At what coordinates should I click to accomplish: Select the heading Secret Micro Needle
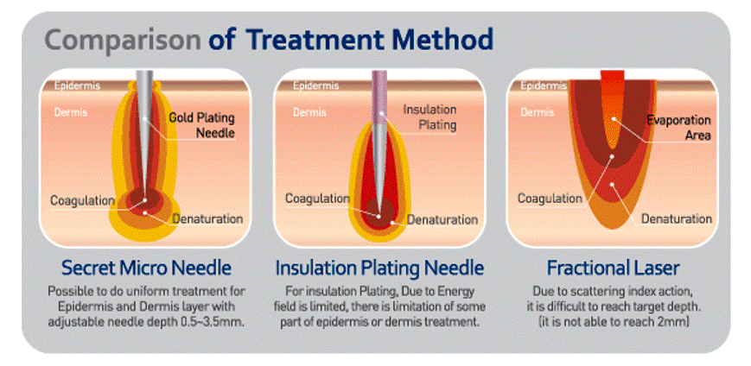[147, 268]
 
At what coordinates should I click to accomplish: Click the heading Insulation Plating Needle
[379, 268]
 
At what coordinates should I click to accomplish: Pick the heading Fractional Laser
[613, 268]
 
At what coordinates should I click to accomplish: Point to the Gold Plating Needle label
[201, 125]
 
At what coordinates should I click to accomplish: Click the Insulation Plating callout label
[430, 117]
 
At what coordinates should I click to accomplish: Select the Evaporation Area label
[679, 127]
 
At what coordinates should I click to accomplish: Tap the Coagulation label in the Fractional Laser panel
[550, 198]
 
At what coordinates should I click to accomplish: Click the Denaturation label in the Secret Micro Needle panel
[207, 219]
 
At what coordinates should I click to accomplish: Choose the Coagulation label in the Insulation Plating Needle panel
[317, 198]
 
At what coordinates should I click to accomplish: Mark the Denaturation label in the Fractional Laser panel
[677, 219]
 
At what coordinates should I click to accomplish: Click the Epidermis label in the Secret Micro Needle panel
[77, 86]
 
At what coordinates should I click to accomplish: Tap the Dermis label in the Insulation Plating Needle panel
[309, 112]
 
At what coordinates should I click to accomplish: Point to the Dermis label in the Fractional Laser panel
[537, 112]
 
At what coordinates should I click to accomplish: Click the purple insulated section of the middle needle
[379, 98]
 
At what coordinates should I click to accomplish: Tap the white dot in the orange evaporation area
[614, 118]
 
